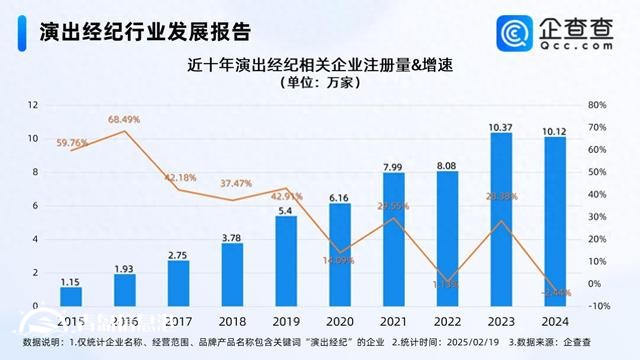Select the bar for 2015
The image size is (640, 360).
coord(70,296)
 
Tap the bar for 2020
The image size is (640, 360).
coord(339,254)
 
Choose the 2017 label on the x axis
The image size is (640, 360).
coord(178,320)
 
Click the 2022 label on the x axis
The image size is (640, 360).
coord(447,320)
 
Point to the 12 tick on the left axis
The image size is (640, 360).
coord(33,105)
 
